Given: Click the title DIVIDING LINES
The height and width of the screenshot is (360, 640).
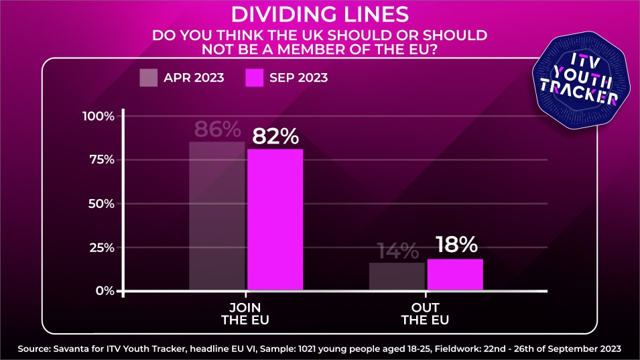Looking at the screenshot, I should tap(320, 14).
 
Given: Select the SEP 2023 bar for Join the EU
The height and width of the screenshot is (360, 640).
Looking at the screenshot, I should tap(275, 220).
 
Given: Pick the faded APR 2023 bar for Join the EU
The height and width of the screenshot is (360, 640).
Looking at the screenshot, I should tap(216, 216).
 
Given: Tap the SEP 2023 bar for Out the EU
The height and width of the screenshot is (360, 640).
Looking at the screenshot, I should tap(455, 275).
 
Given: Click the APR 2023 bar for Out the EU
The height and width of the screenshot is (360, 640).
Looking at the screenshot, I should tap(397, 276).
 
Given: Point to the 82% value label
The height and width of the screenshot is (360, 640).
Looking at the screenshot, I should tap(275, 136).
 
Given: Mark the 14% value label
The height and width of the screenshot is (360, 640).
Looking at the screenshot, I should tap(397, 251).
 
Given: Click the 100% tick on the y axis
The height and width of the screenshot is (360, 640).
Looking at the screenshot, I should tap(99, 117).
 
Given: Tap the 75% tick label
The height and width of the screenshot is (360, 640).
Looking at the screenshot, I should tap(101, 160).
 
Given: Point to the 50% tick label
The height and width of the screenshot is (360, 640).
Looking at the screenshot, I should tap(101, 204).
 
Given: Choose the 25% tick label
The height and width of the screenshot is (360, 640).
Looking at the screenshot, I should tap(101, 247).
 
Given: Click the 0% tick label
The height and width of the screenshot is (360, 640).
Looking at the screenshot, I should tap(105, 291).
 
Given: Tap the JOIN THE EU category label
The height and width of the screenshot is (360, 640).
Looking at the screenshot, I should tap(246, 313).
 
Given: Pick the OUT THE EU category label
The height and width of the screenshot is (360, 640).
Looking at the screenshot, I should tap(425, 313).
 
